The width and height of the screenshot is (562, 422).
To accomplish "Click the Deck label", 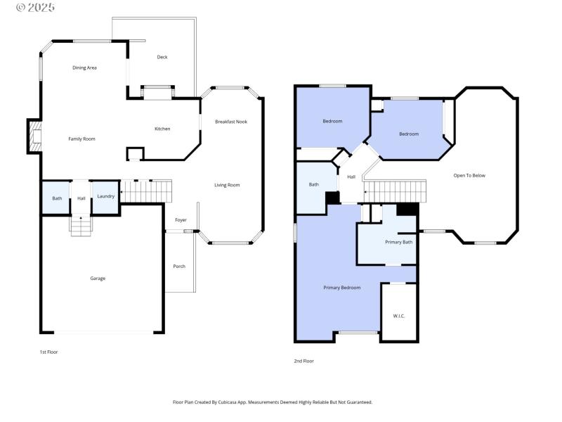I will click(162, 57).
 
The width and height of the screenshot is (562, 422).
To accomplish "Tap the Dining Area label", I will click(84, 68).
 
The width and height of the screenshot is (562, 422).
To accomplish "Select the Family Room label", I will click(81, 139).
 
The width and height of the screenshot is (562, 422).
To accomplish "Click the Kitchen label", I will click(162, 129).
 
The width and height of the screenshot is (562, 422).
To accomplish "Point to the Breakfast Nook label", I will click(231, 122).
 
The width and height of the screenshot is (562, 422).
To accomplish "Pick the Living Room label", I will click(227, 185).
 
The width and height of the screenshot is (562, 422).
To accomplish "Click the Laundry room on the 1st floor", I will click(105, 196).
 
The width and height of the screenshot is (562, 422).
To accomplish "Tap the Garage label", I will click(98, 279).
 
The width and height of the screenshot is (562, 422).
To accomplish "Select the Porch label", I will click(179, 266).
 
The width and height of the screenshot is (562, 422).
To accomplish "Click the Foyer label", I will click(181, 220).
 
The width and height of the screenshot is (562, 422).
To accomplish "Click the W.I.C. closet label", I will click(398, 316).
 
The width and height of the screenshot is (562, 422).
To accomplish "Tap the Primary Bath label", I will click(398, 242).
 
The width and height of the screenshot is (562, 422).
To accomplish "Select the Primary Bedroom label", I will click(342, 287).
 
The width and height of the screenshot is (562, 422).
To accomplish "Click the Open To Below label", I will click(469, 175).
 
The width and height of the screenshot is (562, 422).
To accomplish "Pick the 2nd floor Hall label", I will click(351, 177).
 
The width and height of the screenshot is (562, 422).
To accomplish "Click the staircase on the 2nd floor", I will click(396, 190).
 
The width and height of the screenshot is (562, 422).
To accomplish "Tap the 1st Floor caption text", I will click(48, 351).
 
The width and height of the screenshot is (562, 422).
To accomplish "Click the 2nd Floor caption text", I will click(303, 361).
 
